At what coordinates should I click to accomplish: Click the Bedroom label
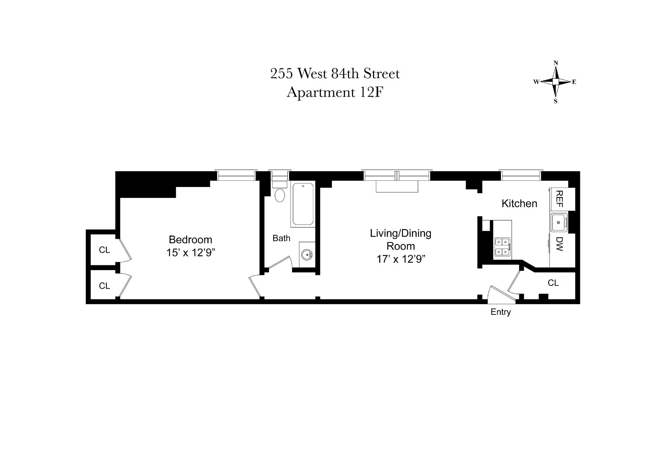pos(190,239)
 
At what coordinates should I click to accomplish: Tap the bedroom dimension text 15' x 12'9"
pos(190,253)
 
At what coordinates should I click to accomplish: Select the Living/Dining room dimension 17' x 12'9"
pos(401,259)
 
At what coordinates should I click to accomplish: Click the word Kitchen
pos(519,204)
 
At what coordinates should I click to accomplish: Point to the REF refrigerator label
pos(559,199)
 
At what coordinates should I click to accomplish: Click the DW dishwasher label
pos(559,244)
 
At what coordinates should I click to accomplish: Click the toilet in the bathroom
pos(280,195)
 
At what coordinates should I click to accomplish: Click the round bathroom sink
pos(307,254)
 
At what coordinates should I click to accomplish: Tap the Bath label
pos(281,238)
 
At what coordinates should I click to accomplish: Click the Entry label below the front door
pos(500,312)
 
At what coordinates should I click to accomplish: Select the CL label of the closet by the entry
pos(553,283)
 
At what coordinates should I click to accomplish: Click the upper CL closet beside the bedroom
pos(104,250)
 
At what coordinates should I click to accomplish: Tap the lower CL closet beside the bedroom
pos(104,286)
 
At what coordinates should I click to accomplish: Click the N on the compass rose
pos(556,63)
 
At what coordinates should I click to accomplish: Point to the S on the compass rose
pos(556,102)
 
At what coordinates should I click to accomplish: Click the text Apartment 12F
pos(335,93)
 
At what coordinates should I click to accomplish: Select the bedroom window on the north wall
pos(236,175)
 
